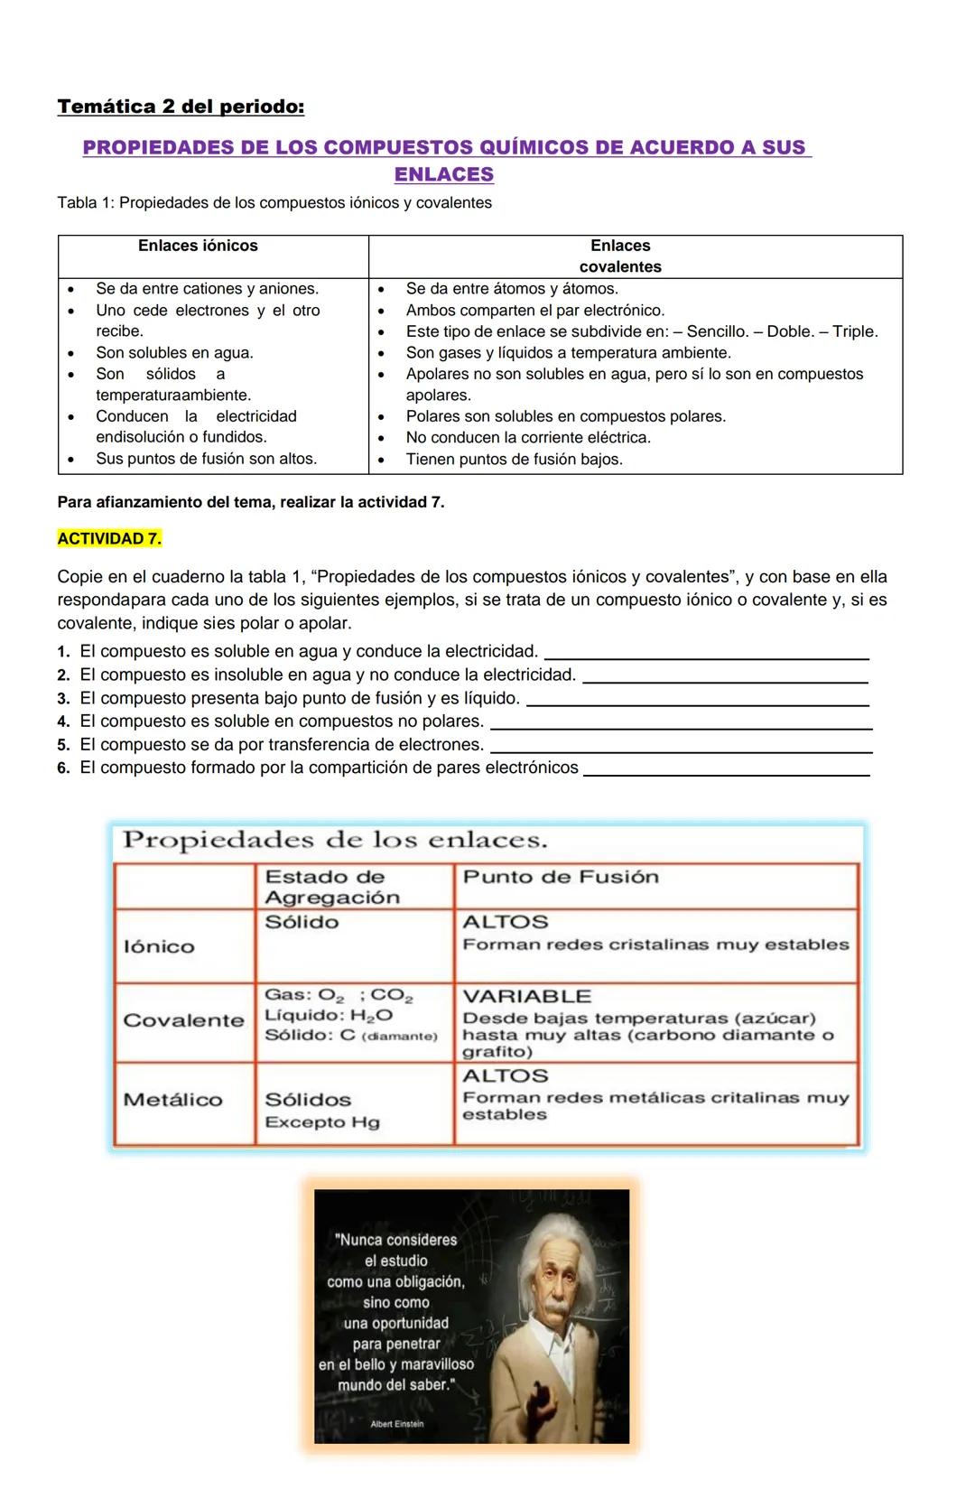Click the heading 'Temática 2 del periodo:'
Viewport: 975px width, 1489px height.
tap(181, 107)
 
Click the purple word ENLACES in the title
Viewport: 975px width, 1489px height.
tap(444, 174)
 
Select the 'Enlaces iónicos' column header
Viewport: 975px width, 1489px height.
tap(198, 246)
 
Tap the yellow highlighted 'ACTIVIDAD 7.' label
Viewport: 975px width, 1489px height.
tap(109, 539)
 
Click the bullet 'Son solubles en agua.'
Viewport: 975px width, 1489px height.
tap(174, 353)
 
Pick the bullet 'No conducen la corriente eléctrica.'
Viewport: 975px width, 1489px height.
tap(528, 438)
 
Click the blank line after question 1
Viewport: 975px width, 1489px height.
tap(709, 656)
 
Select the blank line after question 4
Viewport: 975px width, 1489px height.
tap(686, 726)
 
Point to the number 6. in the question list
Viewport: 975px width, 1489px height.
tap(63, 768)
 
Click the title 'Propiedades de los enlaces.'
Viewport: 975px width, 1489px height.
tap(335, 841)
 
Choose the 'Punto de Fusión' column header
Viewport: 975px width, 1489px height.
tap(561, 877)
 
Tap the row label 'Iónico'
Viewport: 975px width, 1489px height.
tap(159, 946)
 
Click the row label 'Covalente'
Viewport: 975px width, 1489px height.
tap(183, 1020)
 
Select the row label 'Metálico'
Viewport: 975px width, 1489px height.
tap(172, 1100)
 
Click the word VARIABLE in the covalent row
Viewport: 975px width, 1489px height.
tap(526, 997)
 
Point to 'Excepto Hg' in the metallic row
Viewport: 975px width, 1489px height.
tap(322, 1122)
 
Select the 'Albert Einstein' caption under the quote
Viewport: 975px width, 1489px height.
tap(396, 1424)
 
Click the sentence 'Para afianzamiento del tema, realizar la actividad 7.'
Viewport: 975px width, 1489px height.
tap(250, 502)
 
